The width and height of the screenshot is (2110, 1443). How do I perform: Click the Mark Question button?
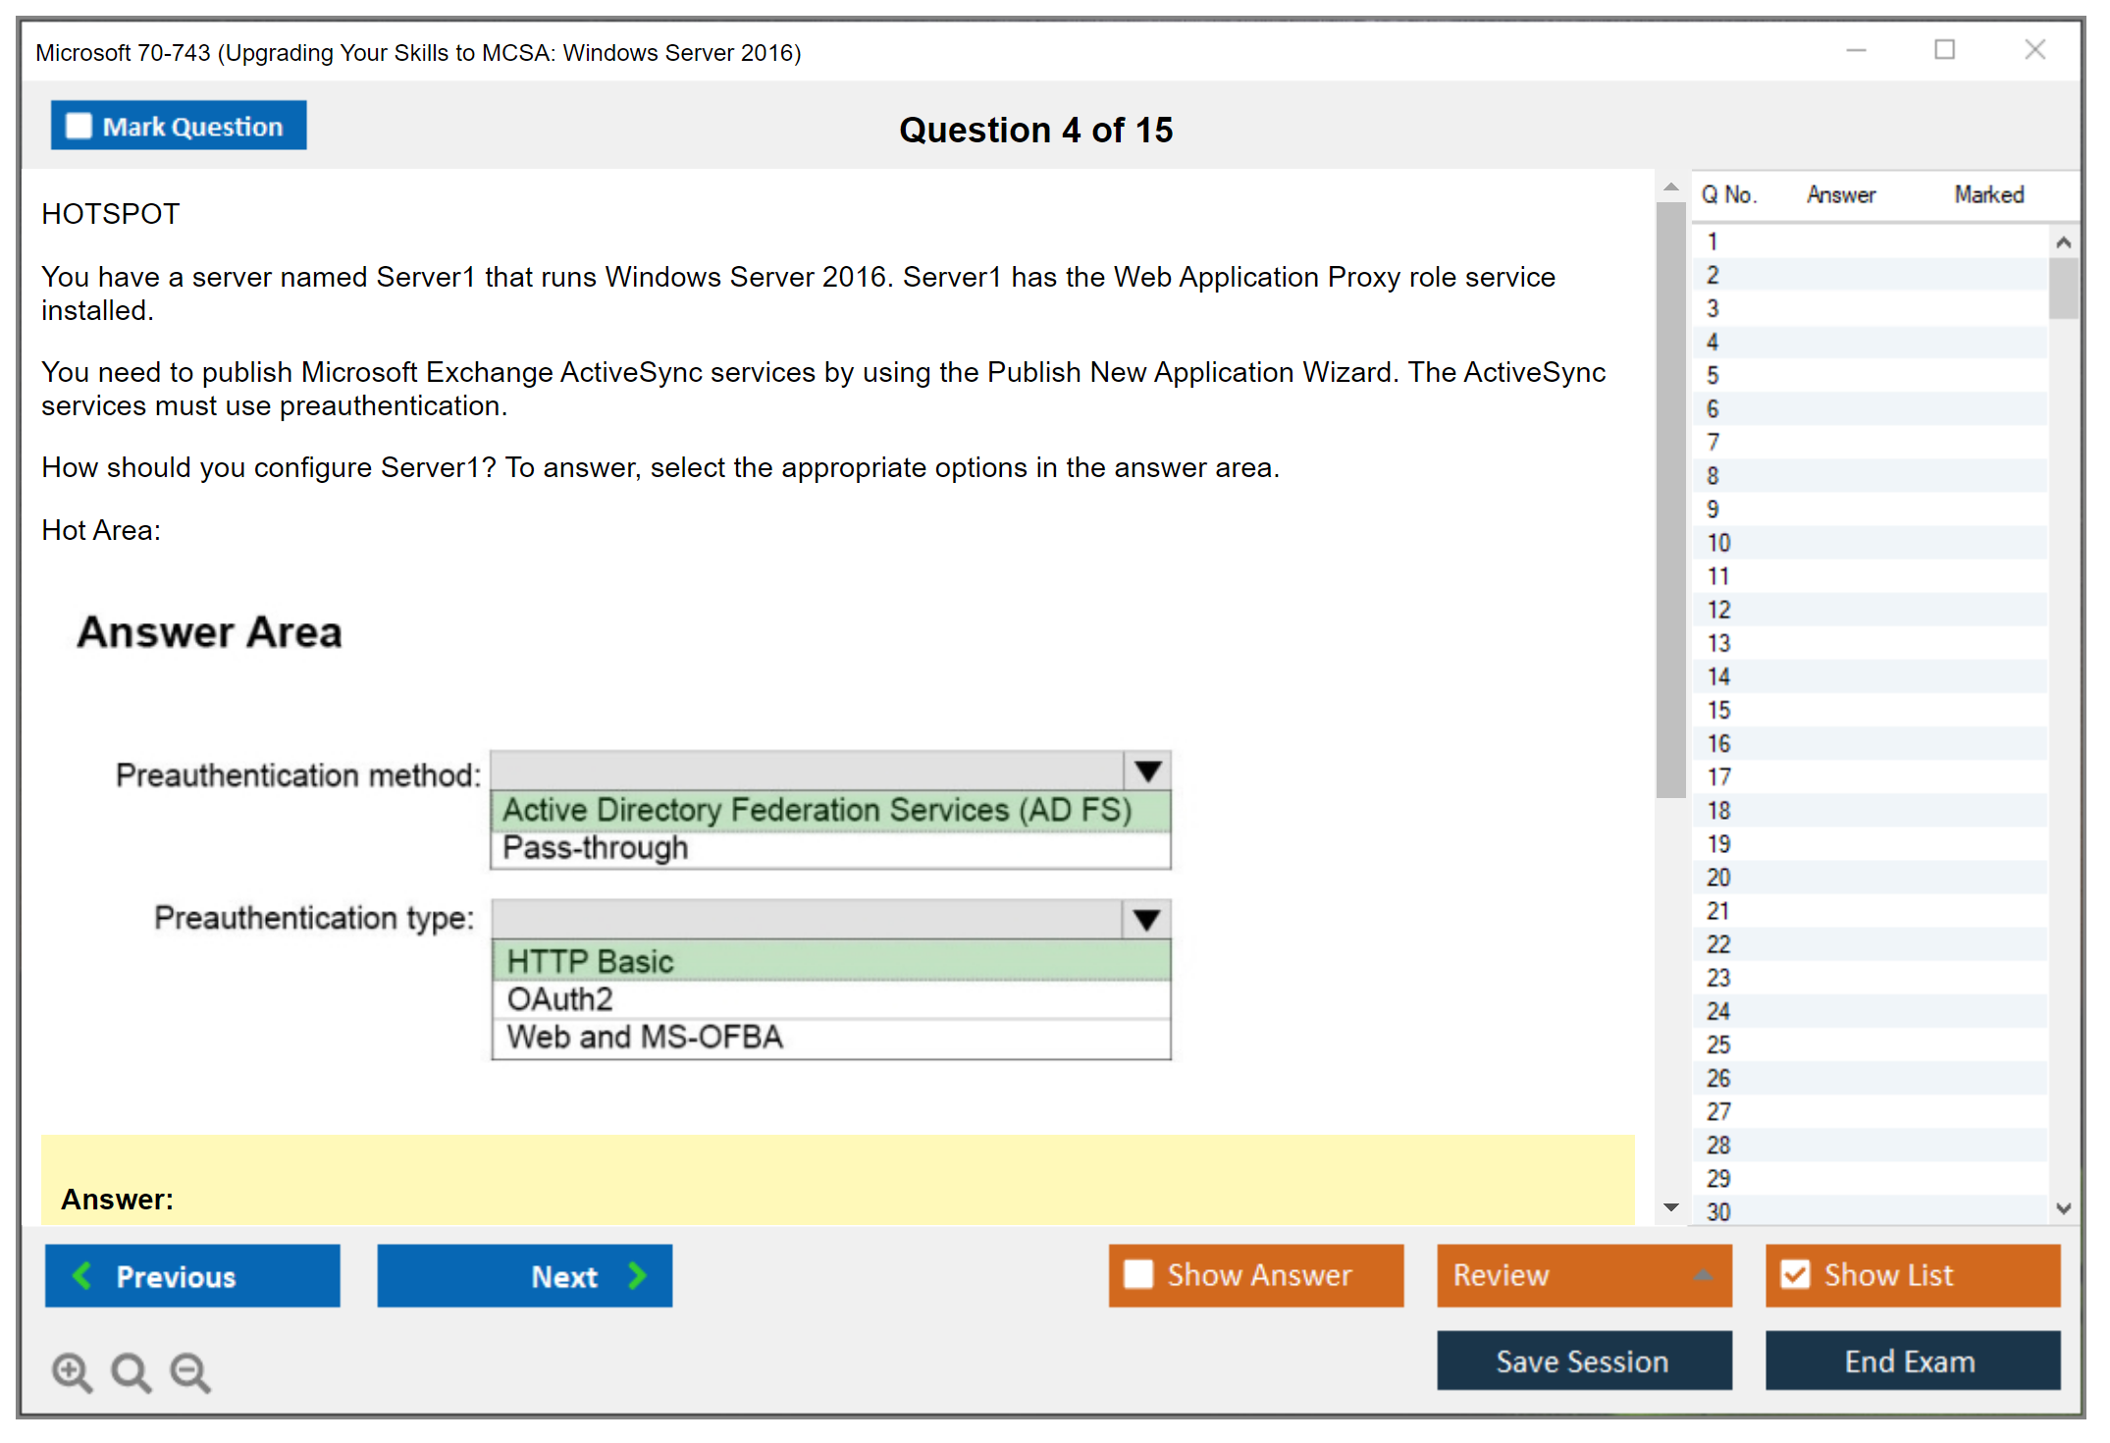pos(179,126)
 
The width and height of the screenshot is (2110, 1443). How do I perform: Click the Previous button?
pos(192,1275)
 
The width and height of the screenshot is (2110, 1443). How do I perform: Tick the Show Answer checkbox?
pos(1138,1274)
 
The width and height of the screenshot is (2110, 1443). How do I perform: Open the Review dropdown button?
pos(1584,1275)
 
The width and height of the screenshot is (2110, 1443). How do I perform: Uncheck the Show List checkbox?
pos(1795,1274)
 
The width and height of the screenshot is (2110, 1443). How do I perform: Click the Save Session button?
pos(1584,1361)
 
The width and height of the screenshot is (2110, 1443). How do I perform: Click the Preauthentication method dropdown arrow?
pos(1147,772)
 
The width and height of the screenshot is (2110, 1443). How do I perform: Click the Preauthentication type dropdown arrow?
pos(1146,920)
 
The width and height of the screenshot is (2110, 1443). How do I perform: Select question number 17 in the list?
pos(1718,777)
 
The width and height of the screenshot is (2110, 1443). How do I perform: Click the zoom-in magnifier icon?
pos(73,1371)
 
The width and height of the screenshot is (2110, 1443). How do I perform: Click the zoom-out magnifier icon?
pos(190,1371)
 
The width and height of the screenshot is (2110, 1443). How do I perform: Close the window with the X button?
pos(2034,49)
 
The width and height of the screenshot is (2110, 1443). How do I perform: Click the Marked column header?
pos(1988,194)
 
